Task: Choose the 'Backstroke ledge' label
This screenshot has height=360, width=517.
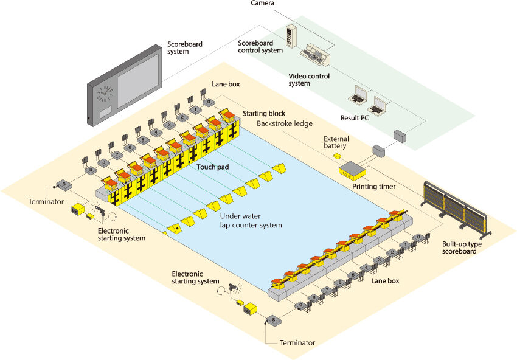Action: pos(285,123)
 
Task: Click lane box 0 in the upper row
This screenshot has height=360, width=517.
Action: pos(209,102)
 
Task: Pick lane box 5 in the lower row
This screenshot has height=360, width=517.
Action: pos(352,275)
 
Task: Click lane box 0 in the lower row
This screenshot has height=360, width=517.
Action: pos(418,237)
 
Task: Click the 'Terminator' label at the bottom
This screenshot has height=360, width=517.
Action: pos(297,343)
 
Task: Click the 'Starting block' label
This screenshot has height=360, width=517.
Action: pos(264,114)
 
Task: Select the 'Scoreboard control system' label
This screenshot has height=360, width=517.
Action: pos(260,46)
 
